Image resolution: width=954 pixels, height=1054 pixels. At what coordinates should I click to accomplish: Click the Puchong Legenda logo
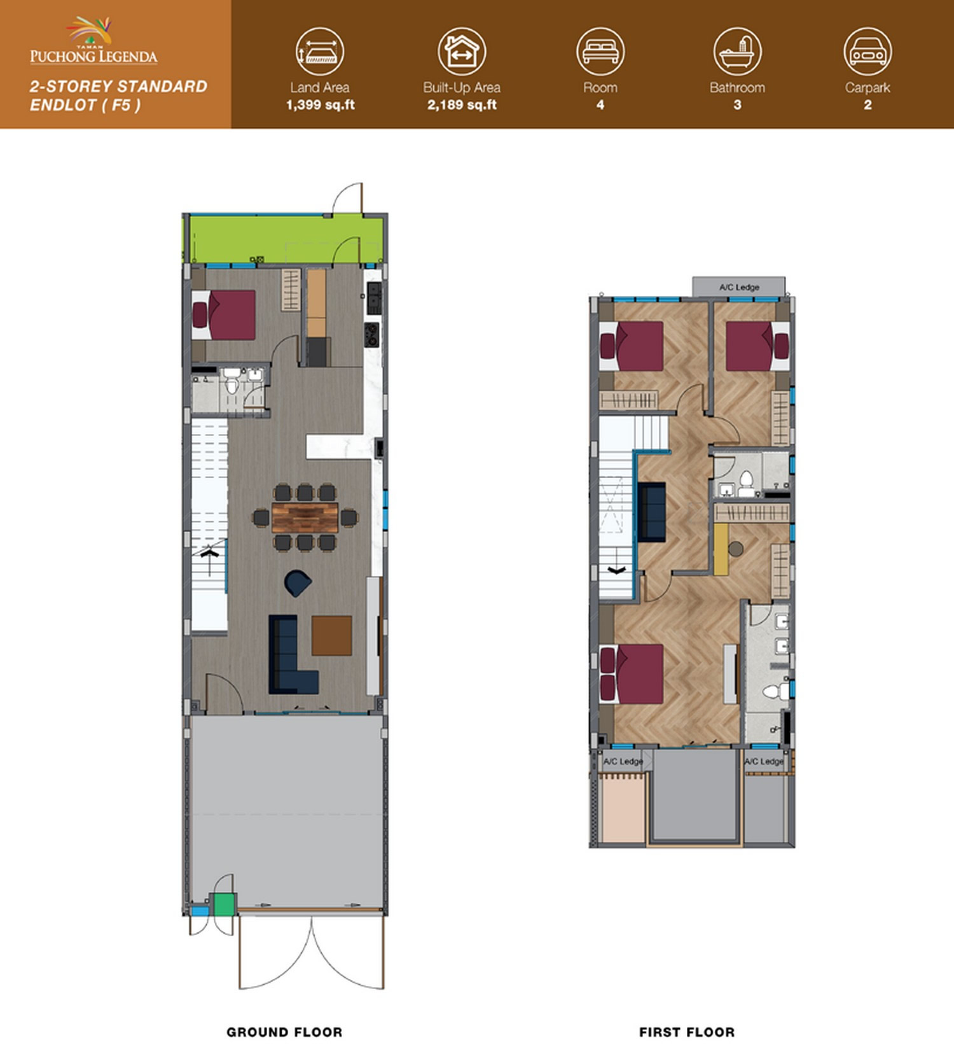[x=93, y=41]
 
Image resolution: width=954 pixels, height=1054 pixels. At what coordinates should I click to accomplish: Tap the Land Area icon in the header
[x=320, y=52]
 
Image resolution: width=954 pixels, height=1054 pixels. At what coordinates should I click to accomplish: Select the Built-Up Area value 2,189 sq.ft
[x=462, y=105]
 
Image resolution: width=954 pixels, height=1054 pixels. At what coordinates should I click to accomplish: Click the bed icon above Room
[x=600, y=52]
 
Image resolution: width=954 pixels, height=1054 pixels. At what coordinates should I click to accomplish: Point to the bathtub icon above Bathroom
[x=737, y=52]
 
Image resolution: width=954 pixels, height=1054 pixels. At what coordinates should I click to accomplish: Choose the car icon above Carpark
[x=868, y=52]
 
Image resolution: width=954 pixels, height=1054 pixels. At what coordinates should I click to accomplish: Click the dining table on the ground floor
[x=305, y=517]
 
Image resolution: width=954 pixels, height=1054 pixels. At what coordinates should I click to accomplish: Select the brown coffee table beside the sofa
[x=331, y=635]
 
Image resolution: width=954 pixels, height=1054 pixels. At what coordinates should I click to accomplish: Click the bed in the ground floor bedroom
[x=224, y=315]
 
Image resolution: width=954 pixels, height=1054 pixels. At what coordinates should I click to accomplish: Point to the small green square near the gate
[x=224, y=904]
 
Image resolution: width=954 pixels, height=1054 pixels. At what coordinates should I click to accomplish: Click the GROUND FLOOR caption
[x=284, y=1032]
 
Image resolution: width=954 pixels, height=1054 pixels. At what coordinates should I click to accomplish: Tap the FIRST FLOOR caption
[x=687, y=1032]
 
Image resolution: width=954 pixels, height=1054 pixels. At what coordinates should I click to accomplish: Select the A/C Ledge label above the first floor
[x=739, y=287]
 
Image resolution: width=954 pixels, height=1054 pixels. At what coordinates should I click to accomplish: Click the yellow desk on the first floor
[x=721, y=549]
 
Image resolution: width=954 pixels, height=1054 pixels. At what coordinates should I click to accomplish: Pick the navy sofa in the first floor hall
[x=651, y=512]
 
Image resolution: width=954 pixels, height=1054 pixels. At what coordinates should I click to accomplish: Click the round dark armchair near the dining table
[x=298, y=583]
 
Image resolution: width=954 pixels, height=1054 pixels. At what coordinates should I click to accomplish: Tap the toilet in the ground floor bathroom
[x=232, y=382]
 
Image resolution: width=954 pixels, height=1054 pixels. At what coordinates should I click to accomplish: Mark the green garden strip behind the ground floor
[x=284, y=239]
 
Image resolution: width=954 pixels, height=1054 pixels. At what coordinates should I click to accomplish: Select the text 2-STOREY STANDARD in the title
[x=119, y=87]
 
